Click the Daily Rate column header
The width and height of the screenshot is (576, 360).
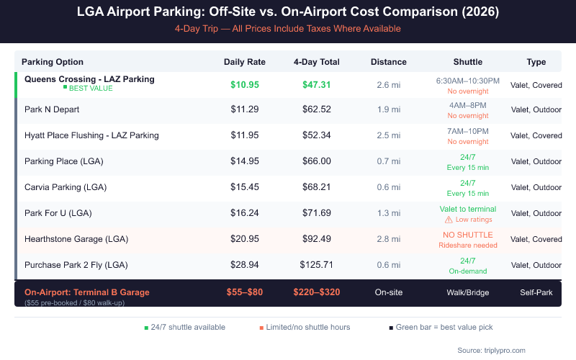pyautogui.click(x=245, y=62)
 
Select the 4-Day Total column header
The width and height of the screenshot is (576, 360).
pyautogui.click(x=317, y=62)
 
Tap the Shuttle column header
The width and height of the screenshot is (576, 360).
pyautogui.click(x=468, y=62)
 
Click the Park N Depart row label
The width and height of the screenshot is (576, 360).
pyautogui.click(x=52, y=109)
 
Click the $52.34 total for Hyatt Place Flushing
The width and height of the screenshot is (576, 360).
pyautogui.click(x=317, y=135)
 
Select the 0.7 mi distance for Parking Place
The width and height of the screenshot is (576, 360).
pyautogui.click(x=389, y=161)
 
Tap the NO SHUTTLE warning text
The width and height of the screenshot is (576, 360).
pyautogui.click(x=468, y=235)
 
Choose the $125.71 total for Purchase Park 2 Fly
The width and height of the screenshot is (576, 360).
pyautogui.click(x=317, y=265)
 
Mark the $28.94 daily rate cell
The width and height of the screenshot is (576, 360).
pyautogui.click(x=245, y=265)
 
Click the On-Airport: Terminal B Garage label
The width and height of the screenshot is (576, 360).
pyautogui.click(x=87, y=292)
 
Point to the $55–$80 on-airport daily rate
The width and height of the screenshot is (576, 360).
pyautogui.click(x=245, y=292)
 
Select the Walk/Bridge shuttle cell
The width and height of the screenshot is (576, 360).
pyautogui.click(x=468, y=292)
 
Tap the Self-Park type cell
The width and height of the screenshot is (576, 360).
pyautogui.click(x=536, y=292)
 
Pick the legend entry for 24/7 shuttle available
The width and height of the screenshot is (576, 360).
pyautogui.click(x=184, y=327)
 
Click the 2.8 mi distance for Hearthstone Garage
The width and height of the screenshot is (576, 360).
pyautogui.click(x=389, y=239)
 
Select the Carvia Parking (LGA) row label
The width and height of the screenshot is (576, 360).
pyautogui.click(x=66, y=187)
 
